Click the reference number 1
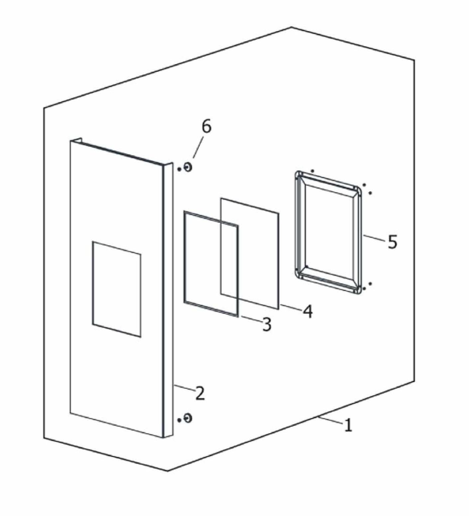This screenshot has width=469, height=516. (x=348, y=425)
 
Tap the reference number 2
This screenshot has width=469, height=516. (x=200, y=393)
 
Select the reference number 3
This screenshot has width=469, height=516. (x=267, y=324)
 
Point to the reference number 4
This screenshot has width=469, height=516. (x=308, y=311)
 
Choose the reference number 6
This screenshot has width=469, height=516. (x=207, y=127)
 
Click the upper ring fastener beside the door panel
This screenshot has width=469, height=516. (x=188, y=167)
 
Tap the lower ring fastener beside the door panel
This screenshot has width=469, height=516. (x=188, y=418)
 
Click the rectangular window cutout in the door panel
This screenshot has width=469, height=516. (x=116, y=289)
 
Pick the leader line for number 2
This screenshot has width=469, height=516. (x=184, y=388)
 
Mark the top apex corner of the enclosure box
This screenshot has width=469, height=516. (x=291, y=27)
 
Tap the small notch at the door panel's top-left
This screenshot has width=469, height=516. (x=76, y=139)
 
